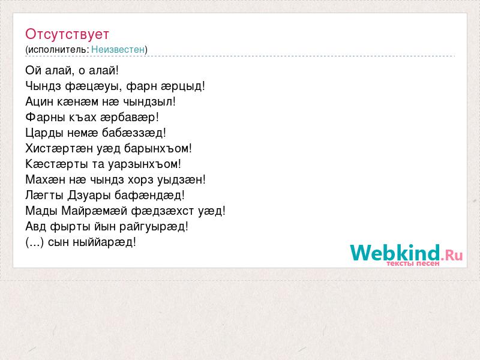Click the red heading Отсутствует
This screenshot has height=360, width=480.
67,34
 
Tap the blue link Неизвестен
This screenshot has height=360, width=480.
118,49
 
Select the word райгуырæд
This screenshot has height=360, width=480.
154,227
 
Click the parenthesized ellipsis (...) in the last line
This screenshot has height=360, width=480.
35,242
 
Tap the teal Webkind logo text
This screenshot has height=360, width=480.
395,253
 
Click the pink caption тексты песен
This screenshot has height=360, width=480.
413,263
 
